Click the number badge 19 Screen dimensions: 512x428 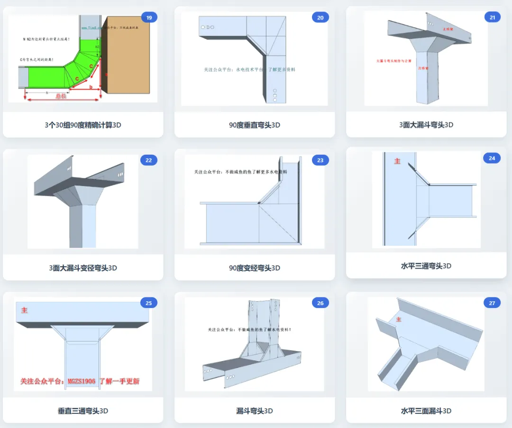click(149, 18)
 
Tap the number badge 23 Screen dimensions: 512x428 click(320, 160)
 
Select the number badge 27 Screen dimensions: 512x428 click(492, 303)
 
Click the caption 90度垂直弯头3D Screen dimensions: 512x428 click(255, 125)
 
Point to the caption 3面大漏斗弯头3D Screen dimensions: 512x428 click(426, 125)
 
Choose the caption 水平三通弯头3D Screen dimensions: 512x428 click(426, 266)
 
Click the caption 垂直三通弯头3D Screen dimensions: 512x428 click(83, 411)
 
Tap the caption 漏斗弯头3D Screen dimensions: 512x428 click(255, 411)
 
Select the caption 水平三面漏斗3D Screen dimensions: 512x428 click(426, 411)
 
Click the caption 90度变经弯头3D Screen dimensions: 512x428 click(255, 268)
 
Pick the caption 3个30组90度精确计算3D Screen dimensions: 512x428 click(83, 125)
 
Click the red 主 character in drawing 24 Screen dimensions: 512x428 click(397, 161)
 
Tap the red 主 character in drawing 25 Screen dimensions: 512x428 click(24, 310)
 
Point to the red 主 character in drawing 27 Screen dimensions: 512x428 click(398, 319)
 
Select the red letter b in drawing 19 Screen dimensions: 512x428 click(91, 87)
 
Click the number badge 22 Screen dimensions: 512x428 click(149, 160)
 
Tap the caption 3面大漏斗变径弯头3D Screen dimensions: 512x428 click(83, 268)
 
